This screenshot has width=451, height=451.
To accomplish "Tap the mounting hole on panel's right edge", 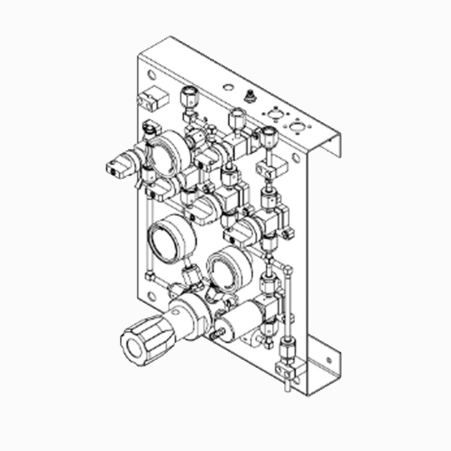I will [x=296, y=158].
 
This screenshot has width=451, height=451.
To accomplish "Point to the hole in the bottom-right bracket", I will [x=328, y=361].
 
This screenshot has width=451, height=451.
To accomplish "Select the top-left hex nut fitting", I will [x=188, y=96].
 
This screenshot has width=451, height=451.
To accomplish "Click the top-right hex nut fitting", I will [x=268, y=135].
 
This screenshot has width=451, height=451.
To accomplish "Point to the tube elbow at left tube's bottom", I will [x=150, y=275].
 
